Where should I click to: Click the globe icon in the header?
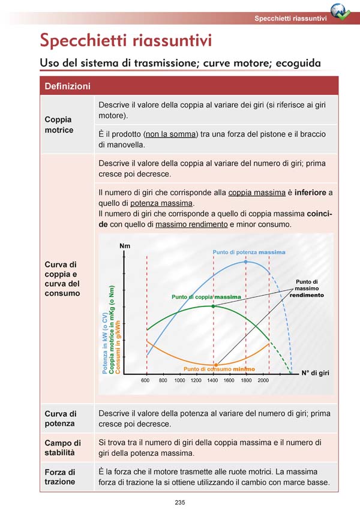tap(341, 11)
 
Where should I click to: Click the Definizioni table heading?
tap(67, 86)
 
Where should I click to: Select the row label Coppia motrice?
tap(59, 125)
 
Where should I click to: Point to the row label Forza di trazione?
tap(60, 477)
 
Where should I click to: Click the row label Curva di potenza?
tap(61, 419)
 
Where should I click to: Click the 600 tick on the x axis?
tap(145, 381)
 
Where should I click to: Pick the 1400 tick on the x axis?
tap(212, 381)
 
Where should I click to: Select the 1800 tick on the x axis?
tap(246, 381)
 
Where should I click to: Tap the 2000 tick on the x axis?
tap(263, 381)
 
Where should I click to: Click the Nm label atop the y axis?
tap(125, 246)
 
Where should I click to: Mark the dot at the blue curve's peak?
tap(246, 262)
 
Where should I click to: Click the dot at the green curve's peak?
tap(213, 306)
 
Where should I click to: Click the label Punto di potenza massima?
tap(249, 252)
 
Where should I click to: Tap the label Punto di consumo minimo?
tap(219, 369)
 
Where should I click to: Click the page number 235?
tap(180, 502)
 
